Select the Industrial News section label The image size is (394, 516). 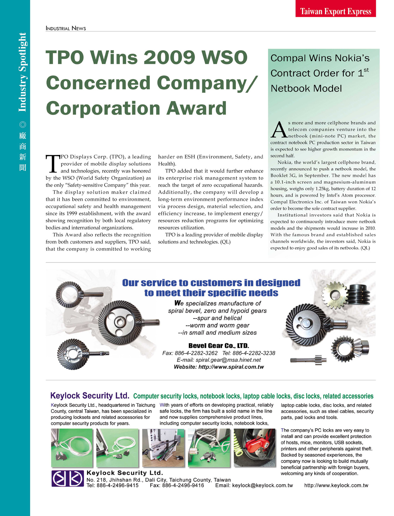tap(66, 28)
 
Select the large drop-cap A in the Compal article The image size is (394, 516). tap(278, 130)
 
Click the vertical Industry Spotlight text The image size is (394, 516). tap(22, 72)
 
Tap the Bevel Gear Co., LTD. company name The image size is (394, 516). tap(219, 345)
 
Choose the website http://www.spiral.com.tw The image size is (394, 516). tap(231, 367)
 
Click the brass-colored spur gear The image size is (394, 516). tap(335, 295)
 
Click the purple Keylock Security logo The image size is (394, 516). tap(68, 478)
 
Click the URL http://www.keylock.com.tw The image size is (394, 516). tap(336, 485)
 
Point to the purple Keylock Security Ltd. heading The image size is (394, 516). tap(90, 395)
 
